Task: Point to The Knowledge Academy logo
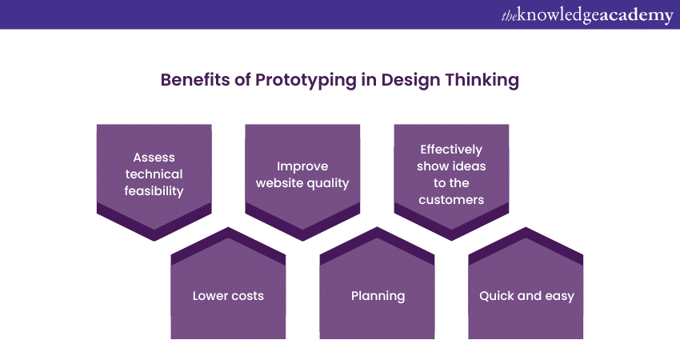587,16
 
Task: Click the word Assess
154,157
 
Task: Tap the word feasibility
154,191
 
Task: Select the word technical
154,174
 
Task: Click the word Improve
302,166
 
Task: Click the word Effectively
451,150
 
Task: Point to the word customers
451,200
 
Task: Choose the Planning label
378,296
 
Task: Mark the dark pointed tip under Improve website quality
302,240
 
